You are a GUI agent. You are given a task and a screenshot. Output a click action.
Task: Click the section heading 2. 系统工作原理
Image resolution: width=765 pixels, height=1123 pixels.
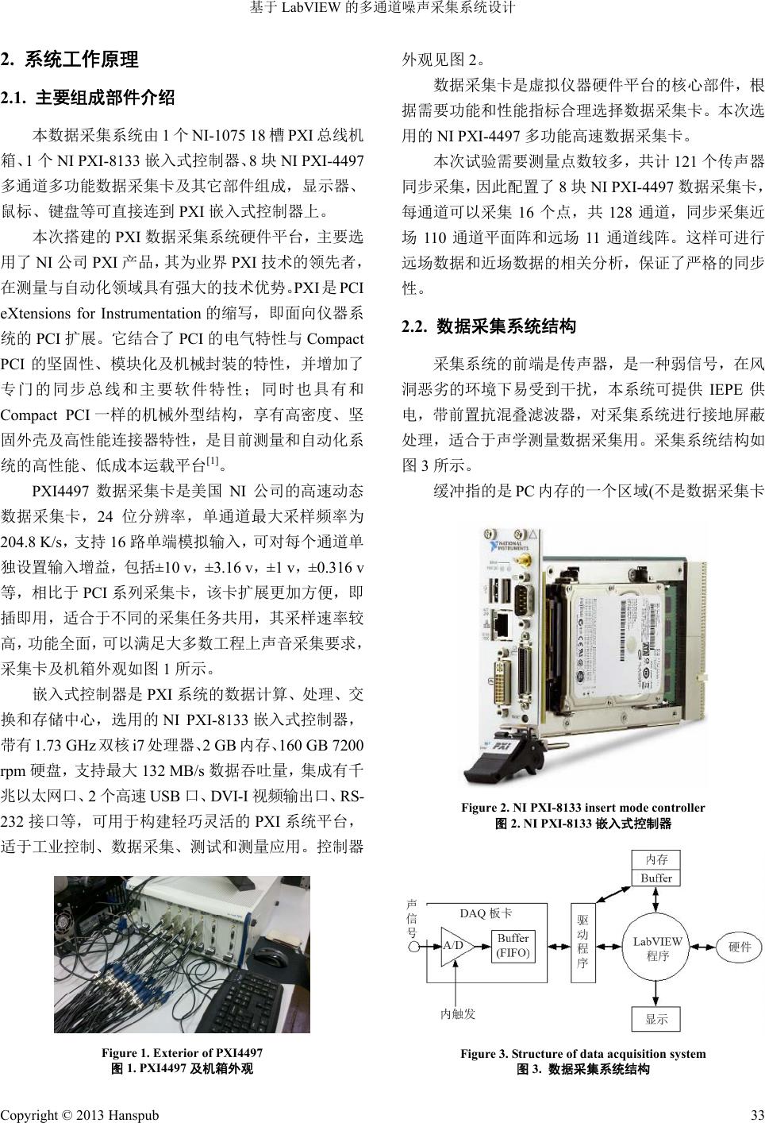pyautogui.click(x=71, y=60)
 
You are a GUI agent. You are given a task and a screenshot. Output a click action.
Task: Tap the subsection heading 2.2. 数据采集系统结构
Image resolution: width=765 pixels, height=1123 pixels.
pyautogui.click(x=489, y=326)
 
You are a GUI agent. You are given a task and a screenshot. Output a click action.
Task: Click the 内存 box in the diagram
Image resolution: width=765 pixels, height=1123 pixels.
pyautogui.click(x=656, y=859)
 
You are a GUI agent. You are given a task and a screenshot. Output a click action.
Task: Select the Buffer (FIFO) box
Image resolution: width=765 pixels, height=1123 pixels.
pyautogui.click(x=513, y=945)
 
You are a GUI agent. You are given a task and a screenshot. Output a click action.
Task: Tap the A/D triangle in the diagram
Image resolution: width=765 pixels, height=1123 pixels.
pyautogui.click(x=454, y=945)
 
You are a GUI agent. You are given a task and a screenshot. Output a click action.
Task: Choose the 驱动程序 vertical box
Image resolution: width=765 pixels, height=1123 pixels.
pyautogui.click(x=582, y=942)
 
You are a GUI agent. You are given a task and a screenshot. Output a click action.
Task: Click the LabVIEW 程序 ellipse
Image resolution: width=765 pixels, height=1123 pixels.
pyautogui.click(x=657, y=947)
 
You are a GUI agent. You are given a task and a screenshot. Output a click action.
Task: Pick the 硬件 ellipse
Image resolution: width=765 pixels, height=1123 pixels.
pyautogui.click(x=738, y=946)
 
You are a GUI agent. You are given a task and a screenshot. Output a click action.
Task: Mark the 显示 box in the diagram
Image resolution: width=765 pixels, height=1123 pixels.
pyautogui.click(x=656, y=1019)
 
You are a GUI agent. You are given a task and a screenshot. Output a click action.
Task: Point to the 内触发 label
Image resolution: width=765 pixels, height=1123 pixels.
pyautogui.click(x=458, y=1013)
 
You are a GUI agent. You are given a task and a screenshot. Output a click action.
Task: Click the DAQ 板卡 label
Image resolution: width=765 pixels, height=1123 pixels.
pyautogui.click(x=486, y=913)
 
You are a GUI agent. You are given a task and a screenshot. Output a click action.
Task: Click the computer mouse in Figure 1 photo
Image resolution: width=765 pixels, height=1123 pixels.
pyautogui.click(x=275, y=954)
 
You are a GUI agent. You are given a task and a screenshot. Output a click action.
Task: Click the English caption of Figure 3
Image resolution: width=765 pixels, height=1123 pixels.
pyautogui.click(x=582, y=1054)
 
